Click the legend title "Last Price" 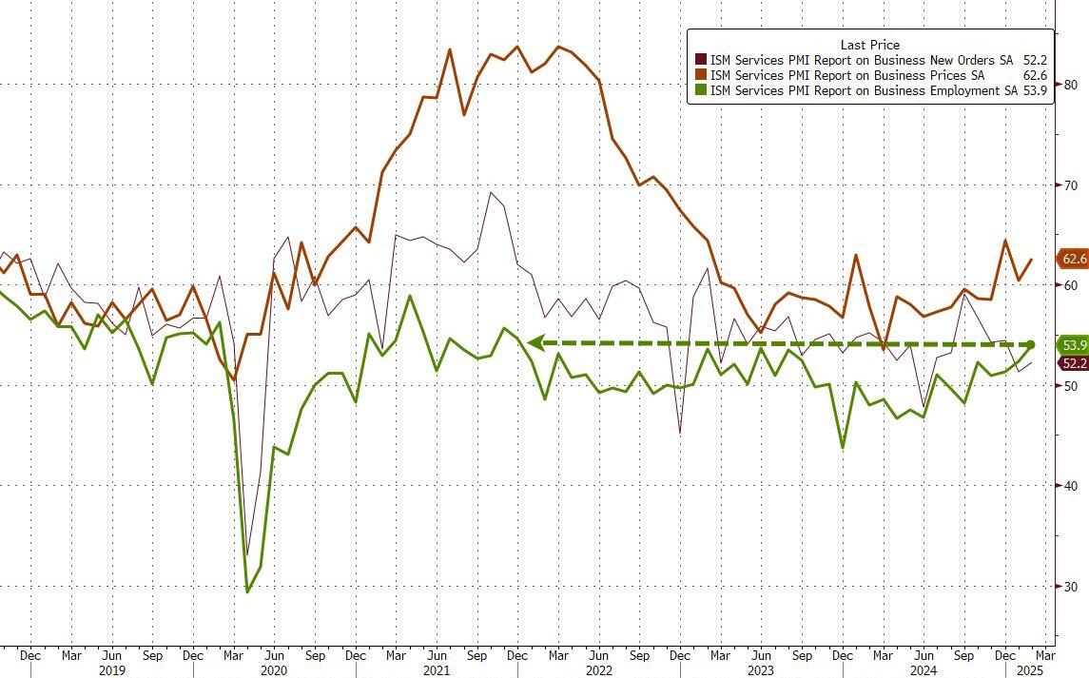click(869, 45)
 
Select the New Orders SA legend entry click(861, 60)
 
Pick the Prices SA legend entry click(846, 75)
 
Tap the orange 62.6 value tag click(1074, 259)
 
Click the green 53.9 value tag click(1074, 345)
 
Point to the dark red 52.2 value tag click(1074, 363)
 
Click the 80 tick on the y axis click(1070, 85)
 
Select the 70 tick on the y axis click(1070, 184)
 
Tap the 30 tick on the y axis click(1070, 587)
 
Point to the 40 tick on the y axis click(1070, 486)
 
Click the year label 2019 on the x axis click(111, 670)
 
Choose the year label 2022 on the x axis click(598, 670)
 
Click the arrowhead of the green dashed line click(535, 343)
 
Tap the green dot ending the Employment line click(1031, 345)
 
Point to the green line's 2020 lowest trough click(247, 591)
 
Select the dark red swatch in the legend click(700, 60)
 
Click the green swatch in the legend click(700, 91)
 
